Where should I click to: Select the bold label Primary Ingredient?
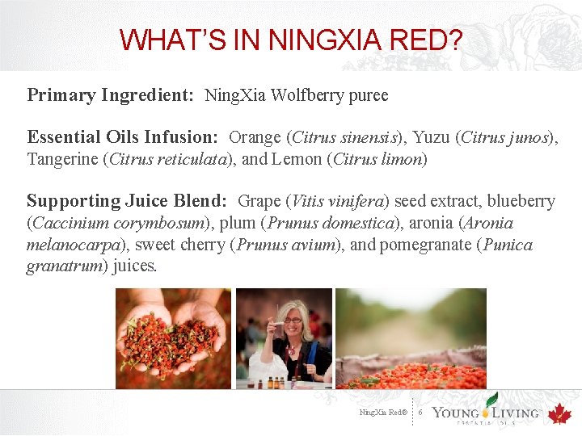[x=110, y=95]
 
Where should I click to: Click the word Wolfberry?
[x=306, y=95]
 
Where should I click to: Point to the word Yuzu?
[x=433, y=137]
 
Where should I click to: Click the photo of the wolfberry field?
[x=411, y=338]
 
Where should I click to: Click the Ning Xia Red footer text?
[x=383, y=413]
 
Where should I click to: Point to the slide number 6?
[x=421, y=413]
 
